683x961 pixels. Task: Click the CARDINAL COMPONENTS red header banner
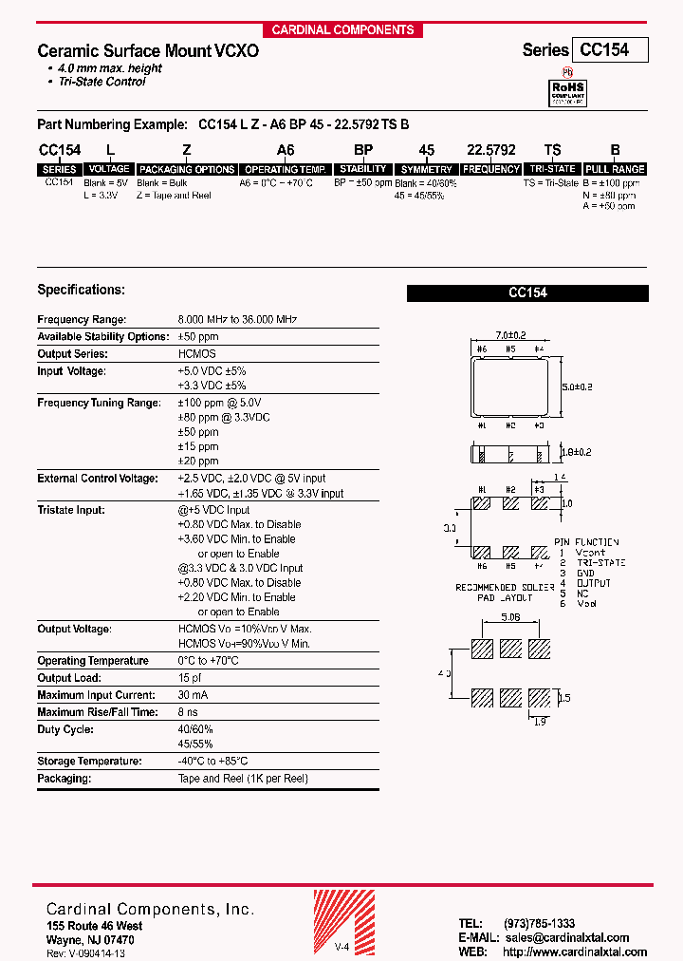pyautogui.click(x=342, y=29)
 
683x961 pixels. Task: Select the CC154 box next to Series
pyautogui.click(x=609, y=50)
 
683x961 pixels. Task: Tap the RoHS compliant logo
pyautogui.click(x=569, y=92)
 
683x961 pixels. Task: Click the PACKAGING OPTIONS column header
pyautogui.click(x=186, y=169)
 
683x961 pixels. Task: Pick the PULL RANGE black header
pyautogui.click(x=615, y=169)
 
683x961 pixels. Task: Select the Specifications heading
pyautogui.click(x=81, y=290)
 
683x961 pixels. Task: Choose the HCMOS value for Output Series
pyautogui.click(x=196, y=354)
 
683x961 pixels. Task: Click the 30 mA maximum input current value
pyautogui.click(x=193, y=696)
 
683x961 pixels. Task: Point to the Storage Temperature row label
pyautogui.click(x=88, y=762)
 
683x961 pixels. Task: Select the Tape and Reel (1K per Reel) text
pyautogui.click(x=243, y=779)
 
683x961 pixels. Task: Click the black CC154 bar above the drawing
pyautogui.click(x=527, y=293)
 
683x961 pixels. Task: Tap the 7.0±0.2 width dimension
pyautogui.click(x=511, y=335)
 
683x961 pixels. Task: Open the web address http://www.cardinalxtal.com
pyautogui.click(x=575, y=952)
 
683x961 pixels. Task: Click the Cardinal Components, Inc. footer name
pyautogui.click(x=150, y=910)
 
